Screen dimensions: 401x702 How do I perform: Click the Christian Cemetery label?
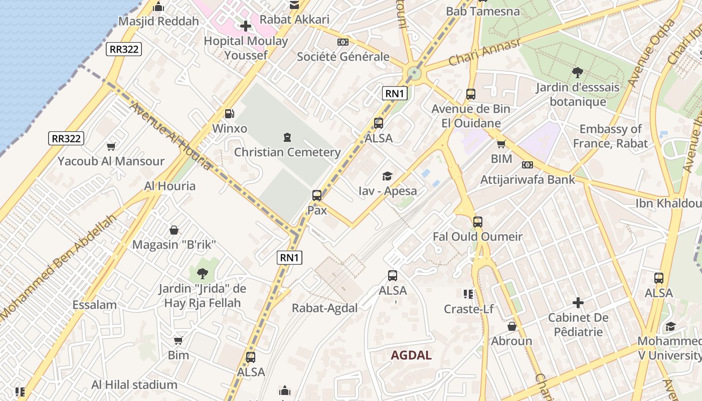coord(287,152)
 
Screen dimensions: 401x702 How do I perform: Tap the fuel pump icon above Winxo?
coord(229,114)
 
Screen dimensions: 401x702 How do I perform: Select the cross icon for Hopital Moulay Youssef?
coord(246,26)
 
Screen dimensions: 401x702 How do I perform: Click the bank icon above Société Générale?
coord(343,42)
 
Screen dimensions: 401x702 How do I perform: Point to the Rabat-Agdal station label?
coord(325,308)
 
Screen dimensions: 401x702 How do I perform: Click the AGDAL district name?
coord(411,355)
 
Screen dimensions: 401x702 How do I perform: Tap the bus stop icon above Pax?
coord(317,195)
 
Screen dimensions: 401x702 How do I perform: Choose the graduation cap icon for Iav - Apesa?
coord(387,176)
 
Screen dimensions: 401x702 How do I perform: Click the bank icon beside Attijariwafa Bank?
coord(527,165)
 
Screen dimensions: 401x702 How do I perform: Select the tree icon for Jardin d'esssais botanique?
coord(578,73)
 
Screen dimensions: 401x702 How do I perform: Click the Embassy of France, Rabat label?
coord(610,136)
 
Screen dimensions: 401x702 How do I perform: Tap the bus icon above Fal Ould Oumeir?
coord(478,222)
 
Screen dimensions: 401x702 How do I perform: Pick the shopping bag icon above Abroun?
coord(511,326)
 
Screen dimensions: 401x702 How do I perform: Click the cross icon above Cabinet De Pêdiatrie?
coord(578,303)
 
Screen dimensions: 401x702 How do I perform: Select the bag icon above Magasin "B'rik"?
coord(173,230)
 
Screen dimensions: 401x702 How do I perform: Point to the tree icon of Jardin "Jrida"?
coord(203,274)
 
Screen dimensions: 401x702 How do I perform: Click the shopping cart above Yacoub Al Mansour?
coord(111,146)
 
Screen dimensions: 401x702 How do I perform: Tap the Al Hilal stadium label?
coord(134,385)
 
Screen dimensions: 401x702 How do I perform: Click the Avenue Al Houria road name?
coord(171,135)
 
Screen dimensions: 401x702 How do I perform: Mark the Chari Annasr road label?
coord(485,52)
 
